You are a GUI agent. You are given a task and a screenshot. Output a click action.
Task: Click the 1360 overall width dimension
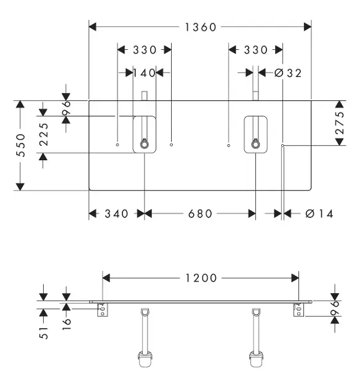pyautogui.click(x=201, y=27)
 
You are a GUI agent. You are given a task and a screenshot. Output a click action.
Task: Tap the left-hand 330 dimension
pyautogui.click(x=145, y=50)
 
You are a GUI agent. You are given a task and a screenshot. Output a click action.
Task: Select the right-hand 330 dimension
pyautogui.click(x=255, y=50)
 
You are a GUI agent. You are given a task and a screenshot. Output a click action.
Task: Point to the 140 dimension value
pyautogui.click(x=145, y=73)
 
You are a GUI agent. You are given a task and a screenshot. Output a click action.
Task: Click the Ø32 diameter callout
pyautogui.click(x=288, y=73)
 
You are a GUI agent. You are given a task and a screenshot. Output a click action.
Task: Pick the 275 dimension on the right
pyautogui.click(x=340, y=123)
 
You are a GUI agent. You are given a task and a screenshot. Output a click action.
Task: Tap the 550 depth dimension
pyautogui.click(x=21, y=145)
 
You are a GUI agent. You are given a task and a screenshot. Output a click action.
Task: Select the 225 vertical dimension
pyautogui.click(x=44, y=134)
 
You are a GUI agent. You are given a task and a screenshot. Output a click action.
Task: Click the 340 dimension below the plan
pyautogui.click(x=116, y=214)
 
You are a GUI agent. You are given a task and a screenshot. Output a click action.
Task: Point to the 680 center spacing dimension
pyautogui.click(x=200, y=214)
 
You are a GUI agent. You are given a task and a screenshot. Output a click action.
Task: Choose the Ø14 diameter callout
pyautogui.click(x=319, y=214)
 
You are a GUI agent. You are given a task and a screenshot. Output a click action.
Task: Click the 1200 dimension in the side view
pyautogui.click(x=201, y=278)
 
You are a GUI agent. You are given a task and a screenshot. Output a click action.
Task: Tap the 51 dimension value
pyautogui.click(x=44, y=333)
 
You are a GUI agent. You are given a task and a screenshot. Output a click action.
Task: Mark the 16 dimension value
pyautogui.click(x=66, y=324)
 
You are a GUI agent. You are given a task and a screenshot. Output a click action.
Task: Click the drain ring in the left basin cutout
pyautogui.click(x=144, y=144)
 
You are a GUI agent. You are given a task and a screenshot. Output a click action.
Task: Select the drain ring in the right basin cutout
pyautogui.click(x=255, y=144)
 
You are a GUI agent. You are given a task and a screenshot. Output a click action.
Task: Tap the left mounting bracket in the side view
pyautogui.click(x=103, y=310)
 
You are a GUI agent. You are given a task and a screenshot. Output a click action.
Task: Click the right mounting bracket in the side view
pyautogui.click(x=298, y=310)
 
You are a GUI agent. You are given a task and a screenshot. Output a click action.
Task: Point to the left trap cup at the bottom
pyautogui.click(x=145, y=359)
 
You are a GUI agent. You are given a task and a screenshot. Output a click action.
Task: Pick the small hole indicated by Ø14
pyautogui.click(x=282, y=145)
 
